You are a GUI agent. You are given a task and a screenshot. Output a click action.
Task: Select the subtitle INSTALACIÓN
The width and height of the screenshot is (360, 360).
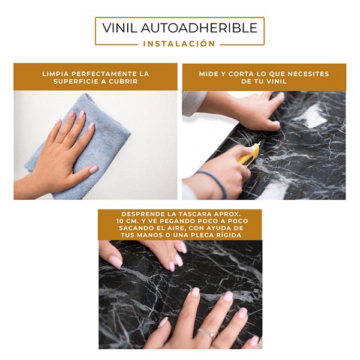pos(179,44)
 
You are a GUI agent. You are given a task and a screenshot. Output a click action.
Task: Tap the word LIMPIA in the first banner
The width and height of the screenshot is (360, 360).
pos(55,74)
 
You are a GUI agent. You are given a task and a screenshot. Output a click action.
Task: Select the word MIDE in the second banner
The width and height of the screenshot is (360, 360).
pos(209,74)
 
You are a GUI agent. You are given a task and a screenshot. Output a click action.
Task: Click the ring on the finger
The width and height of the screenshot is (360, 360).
pos(206,332)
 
